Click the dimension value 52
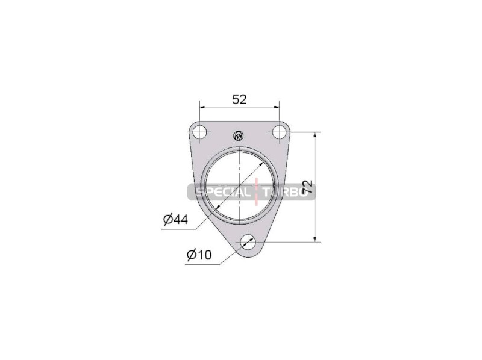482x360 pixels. click(x=239, y=99)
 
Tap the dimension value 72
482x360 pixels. click(x=308, y=187)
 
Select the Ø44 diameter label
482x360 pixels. click(x=175, y=219)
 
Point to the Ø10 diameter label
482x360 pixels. click(x=199, y=255)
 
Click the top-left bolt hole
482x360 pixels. click(x=200, y=132)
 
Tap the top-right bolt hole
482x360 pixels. click(x=279, y=132)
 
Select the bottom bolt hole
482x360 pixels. click(x=248, y=242)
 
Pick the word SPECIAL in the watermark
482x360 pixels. click(x=223, y=193)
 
